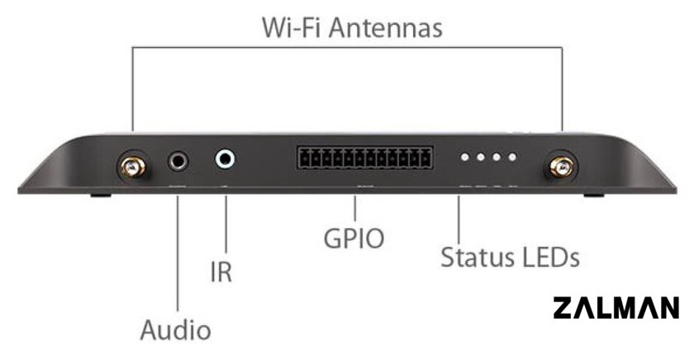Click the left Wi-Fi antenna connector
pyautogui.click(x=132, y=167)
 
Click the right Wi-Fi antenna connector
pyautogui.click(x=561, y=167)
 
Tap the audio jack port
pyautogui.click(x=178, y=162)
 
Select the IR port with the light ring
pyautogui.click(x=225, y=159)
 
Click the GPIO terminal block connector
pyautogui.click(x=365, y=158)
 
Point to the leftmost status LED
pyautogui.click(x=464, y=157)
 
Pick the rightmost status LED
pyautogui.click(x=512, y=157)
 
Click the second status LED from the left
pyautogui.click(x=481, y=157)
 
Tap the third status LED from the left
pyautogui.click(x=497, y=157)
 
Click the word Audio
pyautogui.click(x=175, y=330)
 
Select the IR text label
pyautogui.click(x=221, y=272)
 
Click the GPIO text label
pyautogui.click(x=354, y=239)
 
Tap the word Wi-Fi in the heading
pyautogui.click(x=292, y=27)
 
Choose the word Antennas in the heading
pyautogui.click(x=385, y=27)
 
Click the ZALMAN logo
pyautogui.click(x=616, y=308)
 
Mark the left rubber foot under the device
pyautogui.click(x=101, y=195)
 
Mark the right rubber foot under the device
pyautogui.click(x=593, y=195)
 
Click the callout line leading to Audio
pyautogui.click(x=178, y=253)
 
